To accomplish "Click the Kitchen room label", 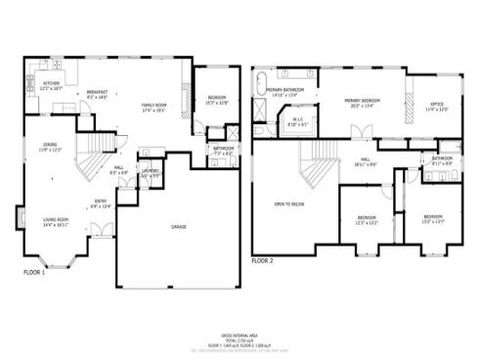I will pyautogui.click(x=51, y=85).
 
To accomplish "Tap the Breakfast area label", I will pyautogui.click(x=96, y=95).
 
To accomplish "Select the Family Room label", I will pyautogui.click(x=154, y=107).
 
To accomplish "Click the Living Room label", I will pyautogui.click(x=55, y=220).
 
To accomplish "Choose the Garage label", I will pyautogui.click(x=179, y=226).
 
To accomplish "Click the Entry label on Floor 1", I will pyautogui.click(x=101, y=203).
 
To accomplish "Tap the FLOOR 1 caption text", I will pyautogui.click(x=35, y=271).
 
